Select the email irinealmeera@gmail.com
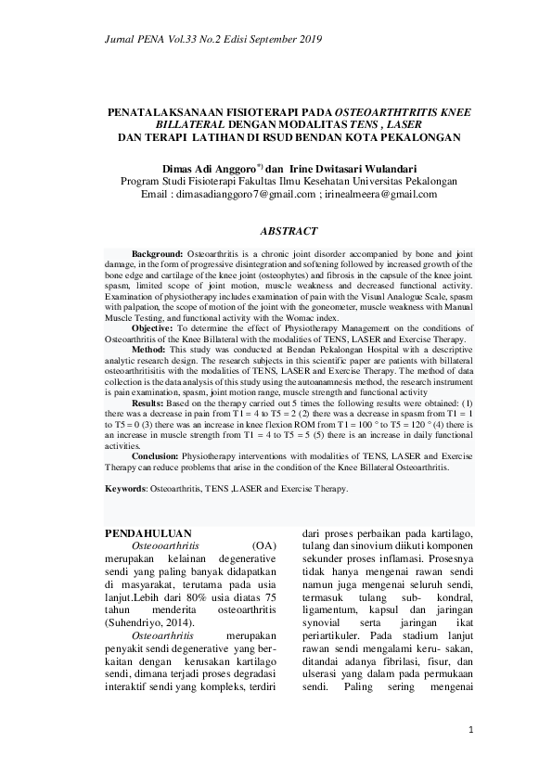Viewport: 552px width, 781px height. pyautogui.click(x=384, y=195)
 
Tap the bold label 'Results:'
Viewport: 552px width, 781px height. pyautogui.click(x=149, y=403)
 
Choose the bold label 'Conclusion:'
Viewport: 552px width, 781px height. pyautogui.click(x=156, y=456)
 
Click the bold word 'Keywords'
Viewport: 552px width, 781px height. pyautogui.click(x=124, y=487)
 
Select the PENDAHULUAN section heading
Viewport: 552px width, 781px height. pyautogui.click(x=148, y=534)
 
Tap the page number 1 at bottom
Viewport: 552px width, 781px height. pyautogui.click(x=471, y=730)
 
